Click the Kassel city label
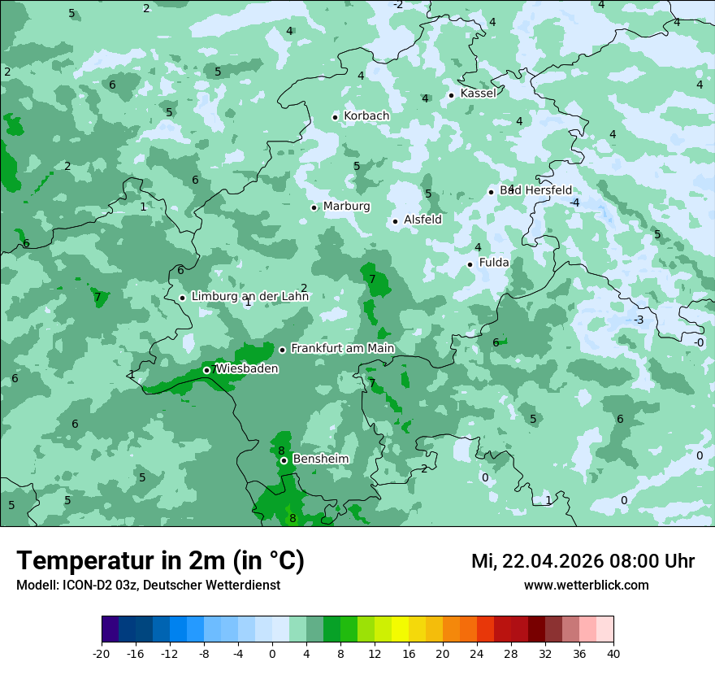[478, 94]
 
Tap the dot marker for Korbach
[335, 117]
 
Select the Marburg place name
[346, 207]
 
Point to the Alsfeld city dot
[395, 221]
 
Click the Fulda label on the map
[494, 263]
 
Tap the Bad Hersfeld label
[535, 190]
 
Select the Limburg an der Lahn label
[250, 297]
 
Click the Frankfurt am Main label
[342, 349]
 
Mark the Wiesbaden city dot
[206, 370]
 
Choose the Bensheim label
[320, 459]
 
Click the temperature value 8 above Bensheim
[281, 451]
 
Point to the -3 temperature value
[639, 320]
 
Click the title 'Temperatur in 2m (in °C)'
[160, 561]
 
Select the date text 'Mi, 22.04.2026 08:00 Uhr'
[583, 562]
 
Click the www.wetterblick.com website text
[586, 586]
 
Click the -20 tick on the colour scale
[102, 653]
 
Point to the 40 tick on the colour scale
[613, 653]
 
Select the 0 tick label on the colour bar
[272, 653]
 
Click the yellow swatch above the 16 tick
[400, 629]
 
